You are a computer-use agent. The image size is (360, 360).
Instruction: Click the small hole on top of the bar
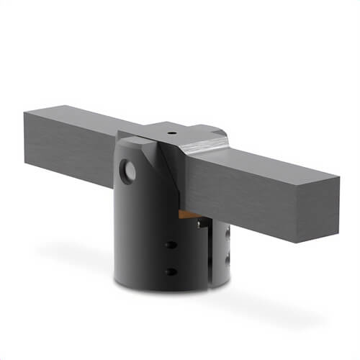click(x=172, y=134)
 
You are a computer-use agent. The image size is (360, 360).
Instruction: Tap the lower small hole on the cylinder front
click(x=169, y=271)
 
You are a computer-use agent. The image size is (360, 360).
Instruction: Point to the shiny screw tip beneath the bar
click(x=199, y=224)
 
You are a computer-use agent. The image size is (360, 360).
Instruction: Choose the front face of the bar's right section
click(x=259, y=194)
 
